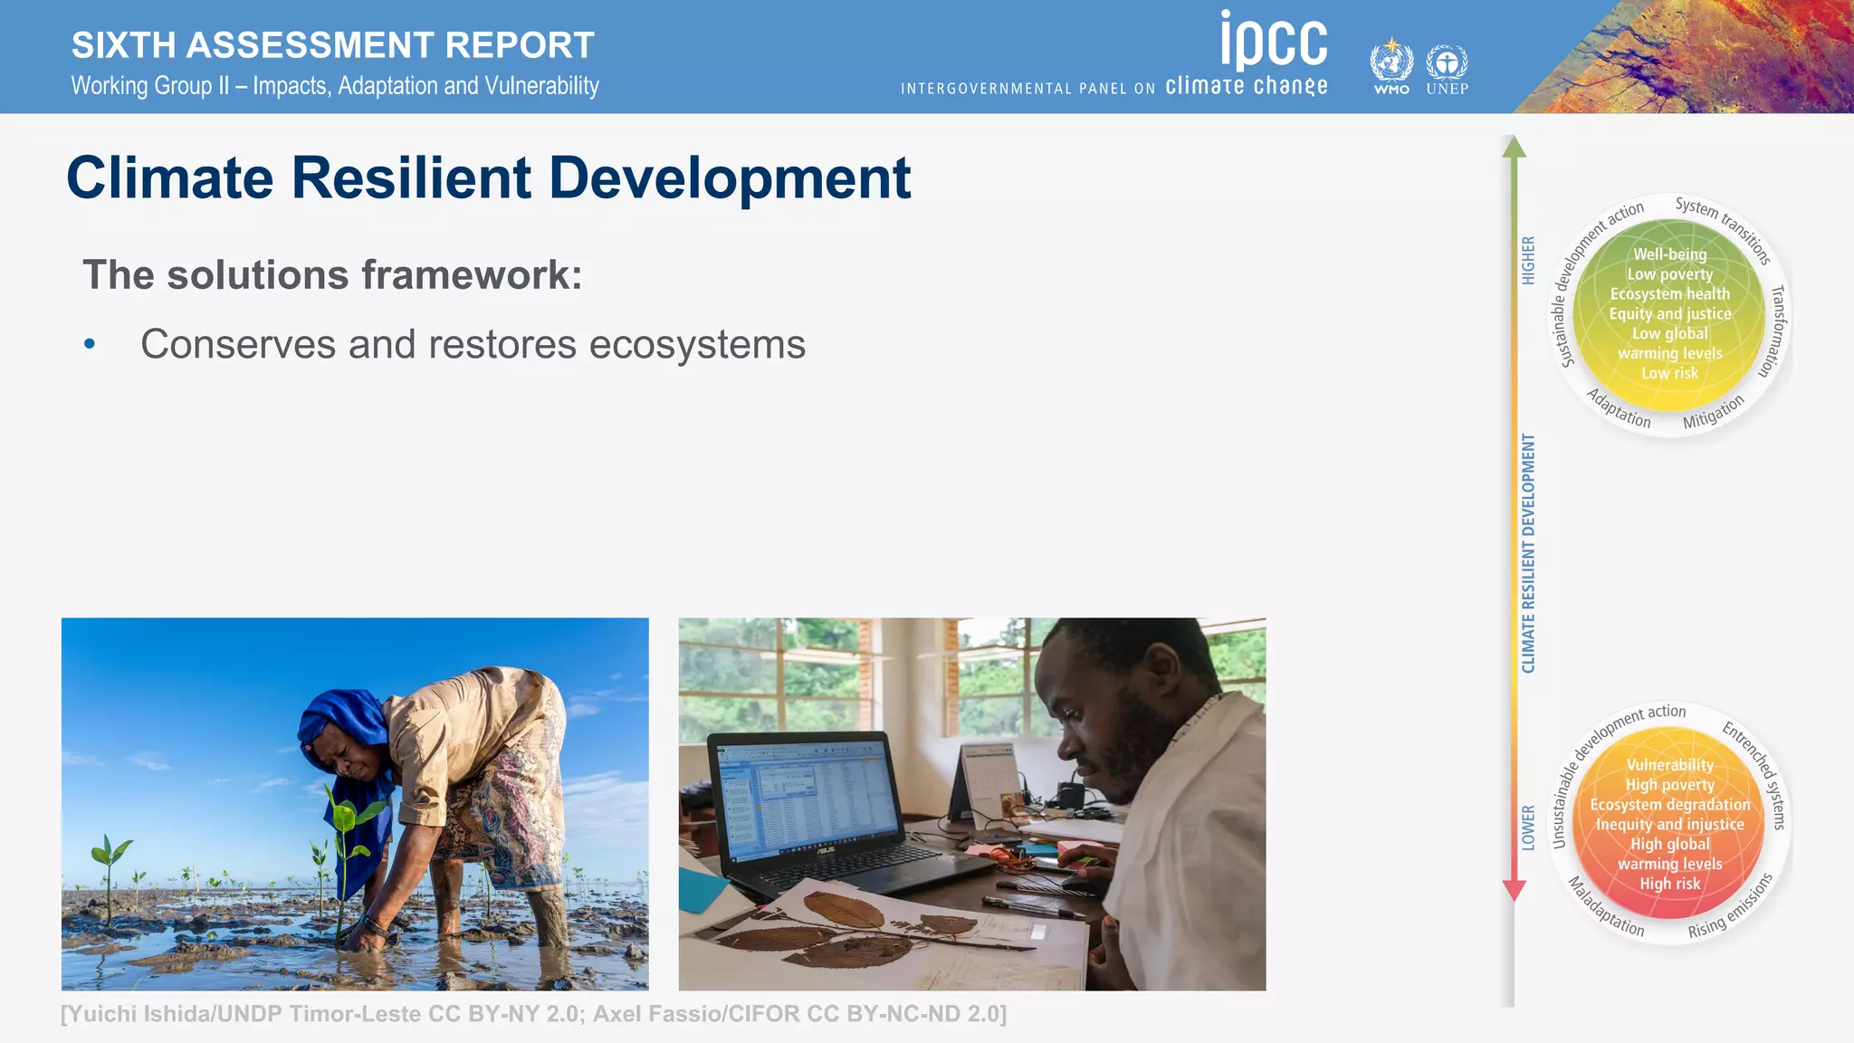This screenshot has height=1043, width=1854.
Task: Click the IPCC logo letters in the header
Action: click(x=1274, y=41)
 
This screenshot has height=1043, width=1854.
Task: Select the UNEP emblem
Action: click(x=1447, y=63)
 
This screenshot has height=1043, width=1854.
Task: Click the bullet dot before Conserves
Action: click(x=90, y=344)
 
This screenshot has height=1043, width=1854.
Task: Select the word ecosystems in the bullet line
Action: click(x=697, y=345)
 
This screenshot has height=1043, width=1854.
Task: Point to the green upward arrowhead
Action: click(x=1514, y=147)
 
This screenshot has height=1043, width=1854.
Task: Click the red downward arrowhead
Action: click(x=1514, y=890)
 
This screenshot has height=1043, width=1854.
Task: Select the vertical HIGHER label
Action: click(x=1529, y=261)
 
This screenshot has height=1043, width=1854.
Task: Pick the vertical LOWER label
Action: click(x=1528, y=828)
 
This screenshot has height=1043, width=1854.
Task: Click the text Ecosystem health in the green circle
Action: click(x=1669, y=294)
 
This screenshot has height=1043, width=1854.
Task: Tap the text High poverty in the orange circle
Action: click(x=1669, y=785)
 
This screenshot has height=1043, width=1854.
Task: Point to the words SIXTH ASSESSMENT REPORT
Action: click(x=332, y=45)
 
